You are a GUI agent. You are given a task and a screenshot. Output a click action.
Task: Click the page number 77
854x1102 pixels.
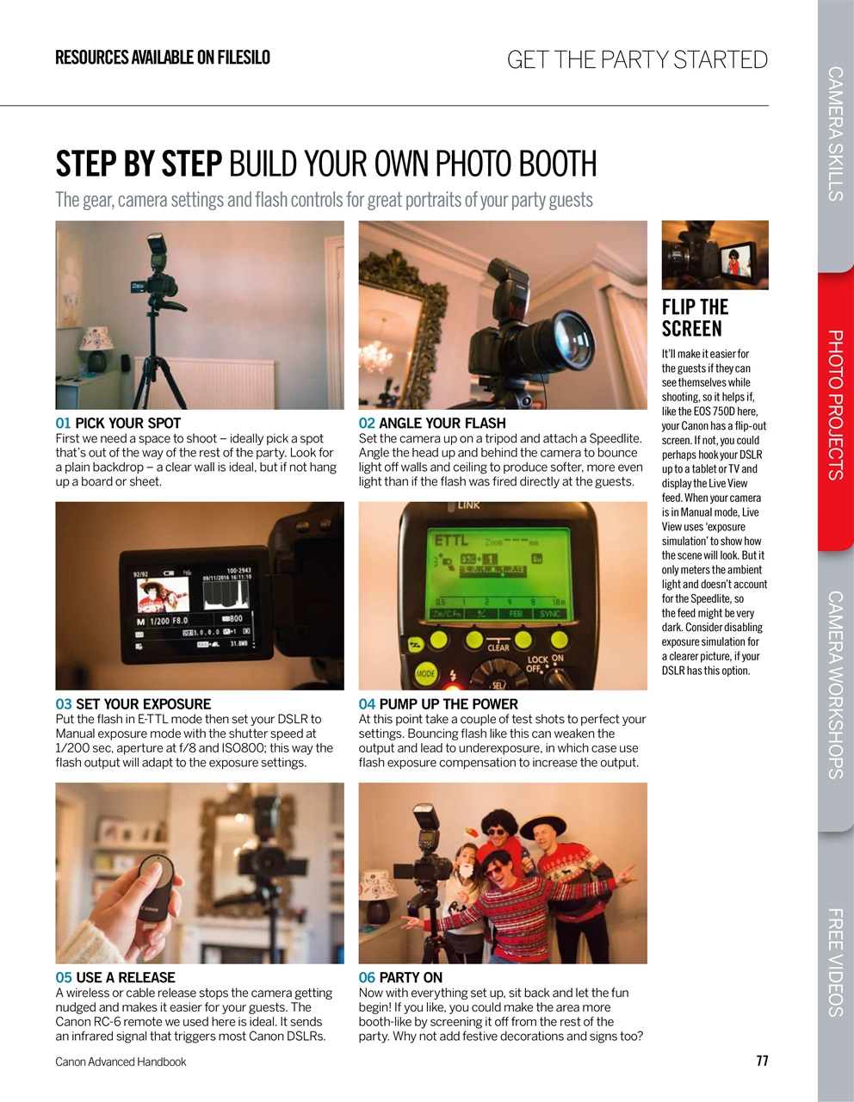[761, 1061]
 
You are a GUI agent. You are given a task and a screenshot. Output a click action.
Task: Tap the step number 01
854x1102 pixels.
[63, 423]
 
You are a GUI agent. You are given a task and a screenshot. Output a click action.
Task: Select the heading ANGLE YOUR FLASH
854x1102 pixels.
[442, 423]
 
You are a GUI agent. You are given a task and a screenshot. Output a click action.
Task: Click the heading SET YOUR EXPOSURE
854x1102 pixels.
[143, 703]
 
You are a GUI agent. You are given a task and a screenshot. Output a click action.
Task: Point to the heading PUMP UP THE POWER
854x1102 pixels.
[448, 703]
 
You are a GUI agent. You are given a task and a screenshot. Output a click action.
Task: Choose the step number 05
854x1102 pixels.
[63, 977]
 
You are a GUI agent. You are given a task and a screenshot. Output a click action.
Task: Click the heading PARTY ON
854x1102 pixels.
[410, 977]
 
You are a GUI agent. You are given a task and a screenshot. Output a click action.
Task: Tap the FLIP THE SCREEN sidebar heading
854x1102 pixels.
[695, 318]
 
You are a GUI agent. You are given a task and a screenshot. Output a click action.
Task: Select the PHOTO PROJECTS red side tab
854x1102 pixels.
[835, 405]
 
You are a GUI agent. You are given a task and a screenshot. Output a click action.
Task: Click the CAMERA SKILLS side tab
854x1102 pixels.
[835, 133]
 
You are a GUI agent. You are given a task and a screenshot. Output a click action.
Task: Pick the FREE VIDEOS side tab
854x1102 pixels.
[835, 963]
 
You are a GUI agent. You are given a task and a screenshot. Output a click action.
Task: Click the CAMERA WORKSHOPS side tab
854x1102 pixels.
[835, 684]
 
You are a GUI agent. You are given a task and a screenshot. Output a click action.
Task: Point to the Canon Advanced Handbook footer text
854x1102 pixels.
[121, 1062]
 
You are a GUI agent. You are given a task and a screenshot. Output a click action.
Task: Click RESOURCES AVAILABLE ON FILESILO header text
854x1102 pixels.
[163, 58]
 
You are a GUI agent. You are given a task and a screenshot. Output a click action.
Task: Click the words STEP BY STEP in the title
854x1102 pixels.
[139, 164]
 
